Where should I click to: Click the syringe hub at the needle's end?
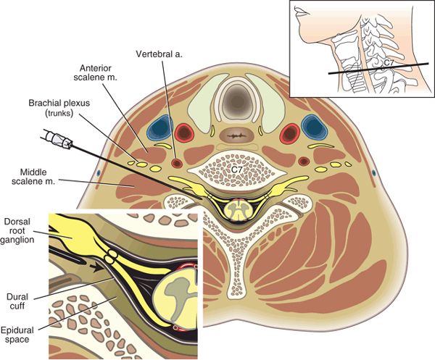[57, 139]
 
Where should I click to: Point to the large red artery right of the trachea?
[289, 133]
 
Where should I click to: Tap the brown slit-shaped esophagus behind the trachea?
[236, 135]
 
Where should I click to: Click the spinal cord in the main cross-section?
[236, 209]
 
